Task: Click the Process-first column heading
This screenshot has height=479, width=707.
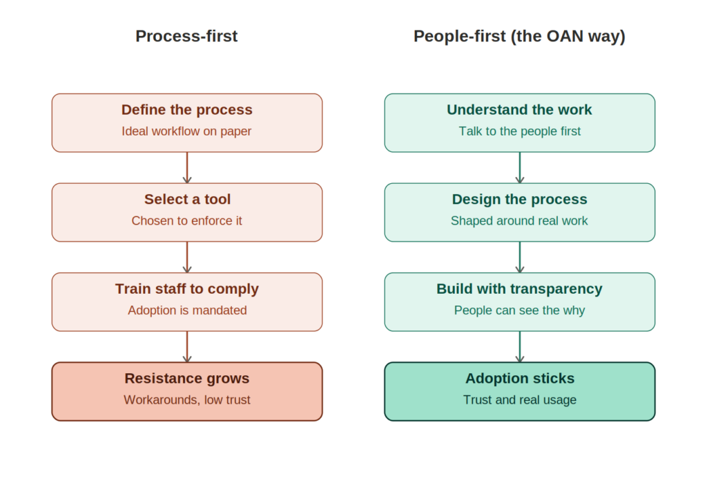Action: click(x=186, y=36)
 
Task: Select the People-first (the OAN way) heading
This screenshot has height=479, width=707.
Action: click(x=519, y=37)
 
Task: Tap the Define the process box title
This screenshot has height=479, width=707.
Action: click(x=186, y=110)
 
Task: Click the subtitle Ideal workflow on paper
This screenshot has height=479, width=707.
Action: click(x=186, y=131)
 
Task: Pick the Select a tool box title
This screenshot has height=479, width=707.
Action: click(x=187, y=199)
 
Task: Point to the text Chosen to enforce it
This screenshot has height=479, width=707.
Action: click(x=186, y=220)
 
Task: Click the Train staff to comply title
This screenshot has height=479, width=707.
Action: click(x=186, y=289)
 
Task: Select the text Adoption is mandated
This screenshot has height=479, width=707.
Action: click(x=187, y=310)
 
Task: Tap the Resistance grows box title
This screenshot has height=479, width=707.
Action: click(x=186, y=378)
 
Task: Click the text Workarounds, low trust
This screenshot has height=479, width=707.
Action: click(x=186, y=400)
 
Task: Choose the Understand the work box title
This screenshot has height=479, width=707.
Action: click(x=519, y=110)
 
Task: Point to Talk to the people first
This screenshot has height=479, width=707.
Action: click(x=519, y=131)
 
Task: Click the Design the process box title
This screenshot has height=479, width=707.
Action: click(x=519, y=199)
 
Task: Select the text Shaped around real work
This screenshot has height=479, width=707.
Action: click(x=519, y=220)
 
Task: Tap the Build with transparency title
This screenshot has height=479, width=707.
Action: click(x=519, y=289)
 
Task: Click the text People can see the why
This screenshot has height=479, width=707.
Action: click(x=519, y=310)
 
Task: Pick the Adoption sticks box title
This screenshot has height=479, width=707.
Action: click(x=519, y=378)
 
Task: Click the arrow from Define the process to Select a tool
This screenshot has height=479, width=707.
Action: click(x=187, y=167)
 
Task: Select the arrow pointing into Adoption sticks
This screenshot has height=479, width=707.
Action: click(x=520, y=347)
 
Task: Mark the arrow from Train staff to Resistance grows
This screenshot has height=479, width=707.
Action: click(x=187, y=347)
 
